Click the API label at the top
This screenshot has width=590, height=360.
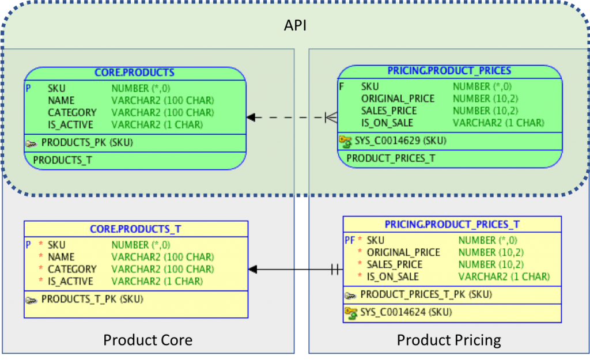tap(295, 25)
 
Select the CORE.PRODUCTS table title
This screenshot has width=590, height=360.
tap(134, 72)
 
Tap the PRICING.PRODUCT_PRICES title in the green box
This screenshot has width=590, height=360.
tap(449, 71)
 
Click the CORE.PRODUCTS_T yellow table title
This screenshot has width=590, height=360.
tap(135, 229)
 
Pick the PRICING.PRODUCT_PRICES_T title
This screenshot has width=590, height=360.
tap(452, 225)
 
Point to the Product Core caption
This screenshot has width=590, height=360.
tap(148, 340)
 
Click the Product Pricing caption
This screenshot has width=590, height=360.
tap(449, 340)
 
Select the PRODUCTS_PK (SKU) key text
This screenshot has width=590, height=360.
tap(87, 143)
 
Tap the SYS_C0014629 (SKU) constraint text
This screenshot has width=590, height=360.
tap(400, 141)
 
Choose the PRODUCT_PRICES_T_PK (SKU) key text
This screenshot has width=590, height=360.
tap(426, 294)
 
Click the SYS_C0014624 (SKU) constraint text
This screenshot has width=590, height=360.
tap(406, 312)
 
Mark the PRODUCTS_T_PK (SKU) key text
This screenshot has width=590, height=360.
tap(92, 299)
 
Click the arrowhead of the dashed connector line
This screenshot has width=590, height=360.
tap(251, 118)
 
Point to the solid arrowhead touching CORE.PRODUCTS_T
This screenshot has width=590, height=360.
tap(253, 270)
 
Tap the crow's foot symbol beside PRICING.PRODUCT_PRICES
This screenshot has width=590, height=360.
tap(331, 118)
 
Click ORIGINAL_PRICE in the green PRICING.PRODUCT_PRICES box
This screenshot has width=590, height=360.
tap(398, 98)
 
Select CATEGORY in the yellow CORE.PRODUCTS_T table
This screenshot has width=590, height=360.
tap(72, 270)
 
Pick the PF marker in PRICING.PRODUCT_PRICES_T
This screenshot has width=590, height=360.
tap(350, 240)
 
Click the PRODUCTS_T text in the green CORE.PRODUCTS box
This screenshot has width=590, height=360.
tap(62, 160)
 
